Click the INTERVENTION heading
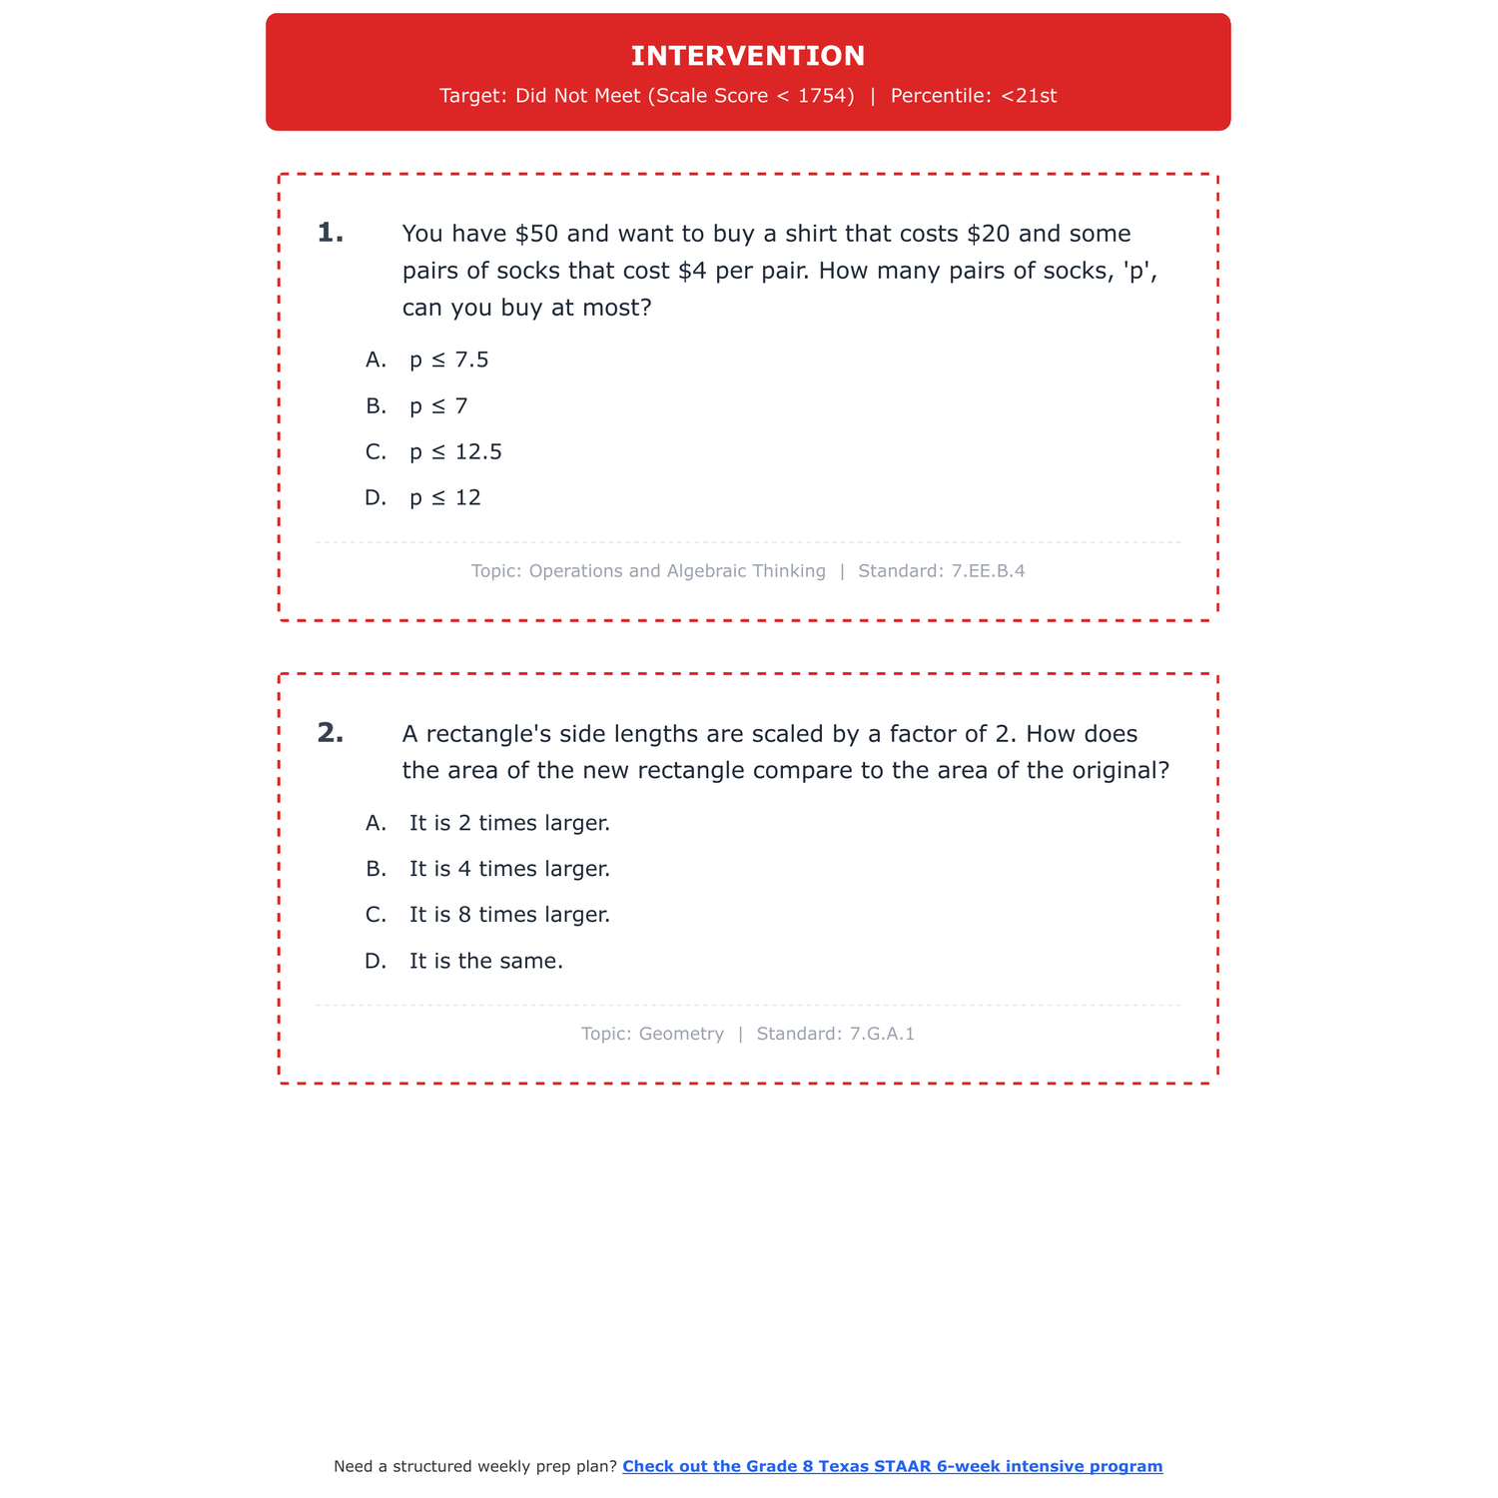pyautogui.click(x=748, y=56)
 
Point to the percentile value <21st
pyautogui.click(x=1029, y=96)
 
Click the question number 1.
pyautogui.click(x=330, y=234)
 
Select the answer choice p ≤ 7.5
pyautogui.click(x=448, y=360)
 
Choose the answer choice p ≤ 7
pyautogui.click(x=438, y=405)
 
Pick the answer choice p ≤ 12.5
pyautogui.click(x=455, y=451)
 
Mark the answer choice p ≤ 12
pyautogui.click(x=445, y=497)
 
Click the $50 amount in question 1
pyautogui.click(x=537, y=234)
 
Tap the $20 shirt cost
pyautogui.click(x=989, y=234)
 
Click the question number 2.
pyautogui.click(x=330, y=734)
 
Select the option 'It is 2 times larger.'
pyautogui.click(x=509, y=823)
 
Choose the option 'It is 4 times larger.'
pyautogui.click(x=509, y=869)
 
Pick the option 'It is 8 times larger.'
pyautogui.click(x=509, y=915)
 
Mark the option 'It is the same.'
pyautogui.click(x=486, y=961)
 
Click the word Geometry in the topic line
pyautogui.click(x=681, y=1034)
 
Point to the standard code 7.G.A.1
pyautogui.click(x=882, y=1034)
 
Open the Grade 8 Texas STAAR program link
pyautogui.click(x=892, y=1466)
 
